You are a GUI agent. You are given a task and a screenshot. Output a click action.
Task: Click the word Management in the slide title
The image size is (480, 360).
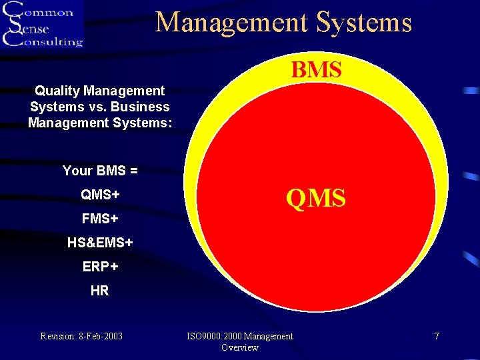(x=233, y=22)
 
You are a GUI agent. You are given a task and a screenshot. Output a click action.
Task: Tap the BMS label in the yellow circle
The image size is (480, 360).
(x=316, y=70)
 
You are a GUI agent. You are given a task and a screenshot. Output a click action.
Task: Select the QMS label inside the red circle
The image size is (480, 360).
(x=316, y=198)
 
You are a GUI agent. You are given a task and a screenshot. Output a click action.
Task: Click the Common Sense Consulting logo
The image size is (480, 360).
(x=43, y=24)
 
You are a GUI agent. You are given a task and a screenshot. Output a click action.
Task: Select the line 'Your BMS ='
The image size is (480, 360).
(x=100, y=171)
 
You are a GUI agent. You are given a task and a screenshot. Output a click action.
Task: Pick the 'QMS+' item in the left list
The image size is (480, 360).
(x=100, y=194)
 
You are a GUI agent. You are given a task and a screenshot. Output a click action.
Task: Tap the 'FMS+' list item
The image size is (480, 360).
(x=100, y=218)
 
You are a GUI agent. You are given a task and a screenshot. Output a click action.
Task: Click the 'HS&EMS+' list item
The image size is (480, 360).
(x=100, y=243)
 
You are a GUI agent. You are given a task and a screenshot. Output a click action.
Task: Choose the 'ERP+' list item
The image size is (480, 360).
(x=100, y=267)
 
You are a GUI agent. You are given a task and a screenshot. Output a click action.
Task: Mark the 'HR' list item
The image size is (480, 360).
(x=100, y=291)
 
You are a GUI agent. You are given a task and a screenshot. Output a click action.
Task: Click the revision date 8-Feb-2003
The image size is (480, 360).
(x=101, y=336)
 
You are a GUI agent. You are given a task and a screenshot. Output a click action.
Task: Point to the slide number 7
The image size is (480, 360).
(x=437, y=336)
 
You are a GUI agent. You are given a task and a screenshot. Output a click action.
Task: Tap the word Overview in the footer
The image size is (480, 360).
(x=240, y=347)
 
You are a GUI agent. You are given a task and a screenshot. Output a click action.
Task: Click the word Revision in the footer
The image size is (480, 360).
(x=58, y=336)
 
